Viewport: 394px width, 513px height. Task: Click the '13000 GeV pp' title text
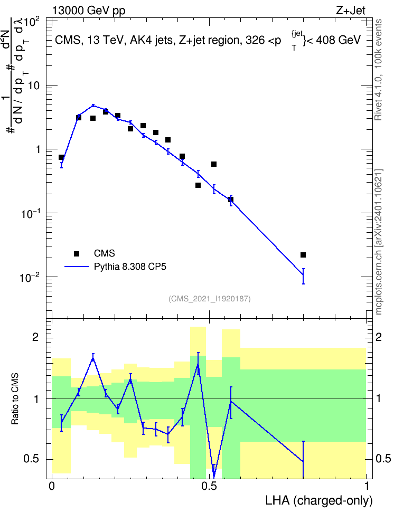point(89,11)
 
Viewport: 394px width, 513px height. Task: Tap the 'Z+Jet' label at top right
point(351,11)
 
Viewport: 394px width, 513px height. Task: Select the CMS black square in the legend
point(77,253)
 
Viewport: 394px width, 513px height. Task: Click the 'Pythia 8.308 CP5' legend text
point(130,267)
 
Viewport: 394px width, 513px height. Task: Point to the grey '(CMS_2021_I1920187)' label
point(210,299)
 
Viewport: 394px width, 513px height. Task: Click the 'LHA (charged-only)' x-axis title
point(319,500)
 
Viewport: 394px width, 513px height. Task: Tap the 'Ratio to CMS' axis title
point(15,399)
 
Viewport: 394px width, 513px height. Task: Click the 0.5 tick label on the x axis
point(209,486)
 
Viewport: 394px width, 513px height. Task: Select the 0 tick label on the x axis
point(52,486)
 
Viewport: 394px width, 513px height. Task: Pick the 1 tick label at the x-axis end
point(367,486)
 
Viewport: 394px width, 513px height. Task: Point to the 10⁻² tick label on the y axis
point(30,278)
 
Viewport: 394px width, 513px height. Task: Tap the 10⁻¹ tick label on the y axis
point(30,213)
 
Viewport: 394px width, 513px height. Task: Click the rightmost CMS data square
point(303,255)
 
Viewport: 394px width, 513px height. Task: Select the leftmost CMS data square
point(61,157)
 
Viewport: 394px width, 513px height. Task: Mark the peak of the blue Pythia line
point(93,106)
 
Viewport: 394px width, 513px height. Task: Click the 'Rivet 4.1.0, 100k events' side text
point(378,70)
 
